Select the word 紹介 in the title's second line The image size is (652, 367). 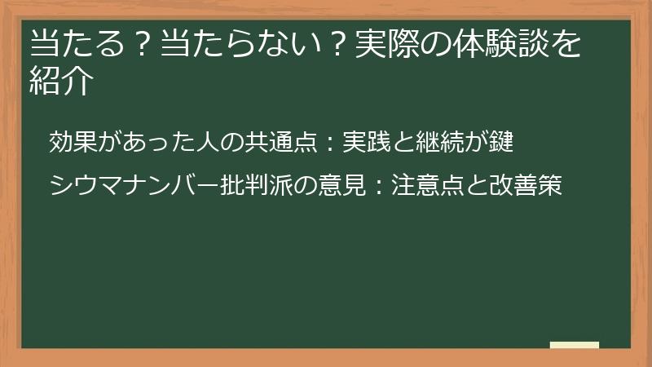(x=58, y=82)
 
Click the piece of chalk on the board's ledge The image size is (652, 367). (x=575, y=345)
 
